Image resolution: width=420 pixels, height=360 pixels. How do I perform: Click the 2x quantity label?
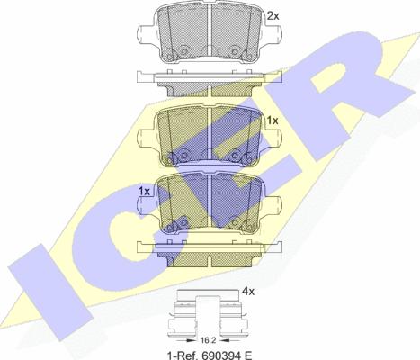tap(273, 16)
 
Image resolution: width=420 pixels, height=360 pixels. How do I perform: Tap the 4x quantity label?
tap(248, 291)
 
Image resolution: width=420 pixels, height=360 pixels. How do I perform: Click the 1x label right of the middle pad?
tap(273, 121)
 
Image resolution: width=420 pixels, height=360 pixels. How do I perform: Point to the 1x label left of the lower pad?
tap(144, 192)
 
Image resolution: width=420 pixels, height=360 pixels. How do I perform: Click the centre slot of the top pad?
tap(210, 30)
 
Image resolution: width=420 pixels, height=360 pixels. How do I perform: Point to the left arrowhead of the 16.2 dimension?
tap(190, 340)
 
